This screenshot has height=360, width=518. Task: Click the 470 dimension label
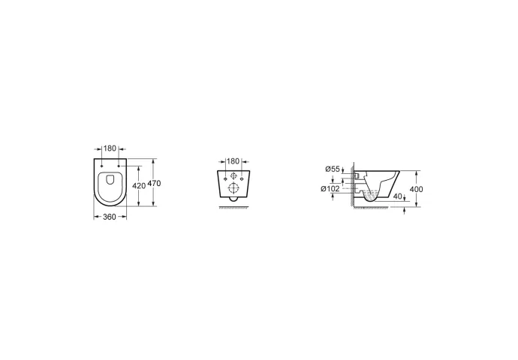pos(154,183)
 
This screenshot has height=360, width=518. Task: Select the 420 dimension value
pos(139,186)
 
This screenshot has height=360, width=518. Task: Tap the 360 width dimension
pos(110,217)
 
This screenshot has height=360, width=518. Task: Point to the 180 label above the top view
pos(110,148)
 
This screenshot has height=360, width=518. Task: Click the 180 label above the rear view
pos(233,161)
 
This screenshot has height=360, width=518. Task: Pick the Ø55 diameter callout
pos(333,169)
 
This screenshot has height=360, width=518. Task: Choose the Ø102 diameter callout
pos(330,189)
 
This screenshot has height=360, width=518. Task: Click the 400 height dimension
pos(416,190)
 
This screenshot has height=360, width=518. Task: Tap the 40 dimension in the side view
pos(398,196)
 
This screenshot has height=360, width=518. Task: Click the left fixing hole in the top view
pos(102,166)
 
